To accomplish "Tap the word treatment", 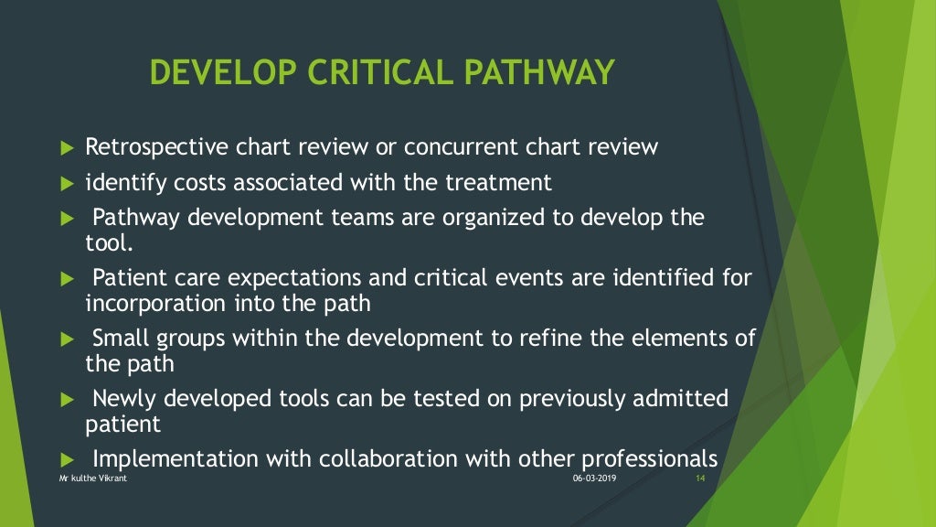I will click(x=498, y=183).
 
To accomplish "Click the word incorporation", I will click(x=142, y=301).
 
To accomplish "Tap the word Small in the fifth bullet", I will click(x=122, y=338).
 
